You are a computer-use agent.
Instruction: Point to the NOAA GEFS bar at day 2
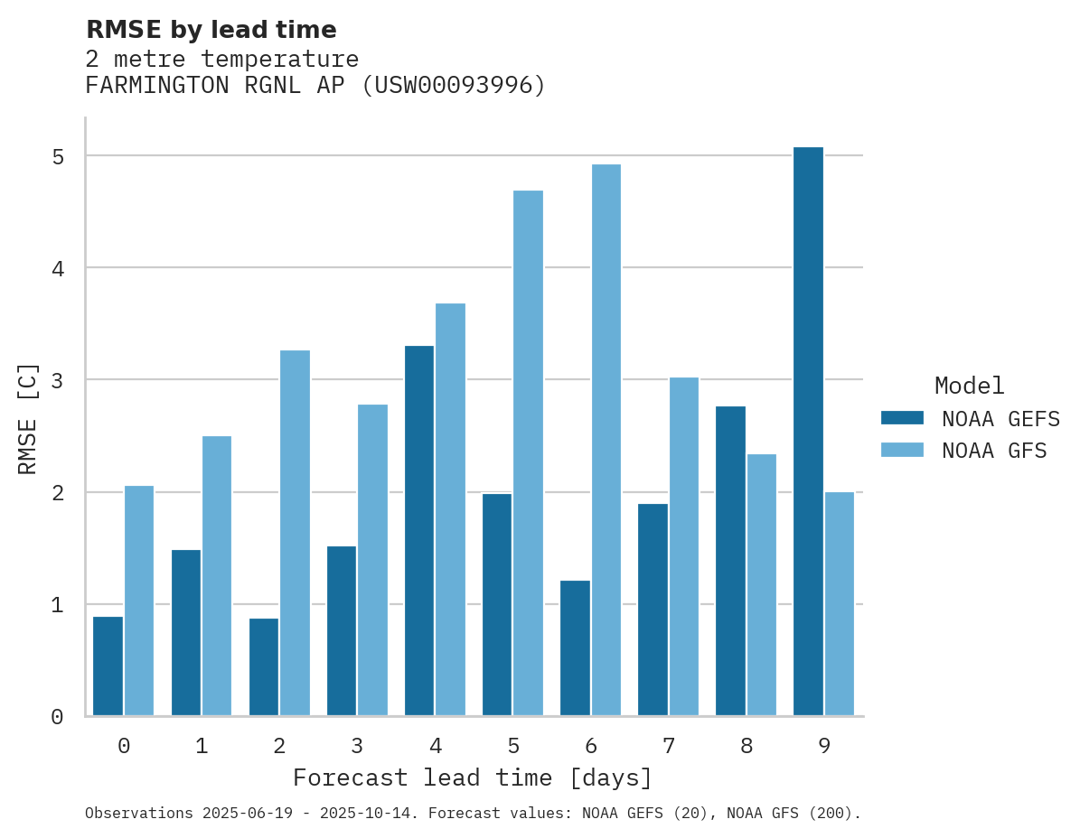(264, 667)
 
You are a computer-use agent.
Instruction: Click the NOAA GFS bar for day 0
(139, 601)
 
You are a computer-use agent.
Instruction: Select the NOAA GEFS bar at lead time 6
(575, 648)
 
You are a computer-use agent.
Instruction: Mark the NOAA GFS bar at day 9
(839, 604)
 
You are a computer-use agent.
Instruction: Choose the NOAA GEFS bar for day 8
(730, 561)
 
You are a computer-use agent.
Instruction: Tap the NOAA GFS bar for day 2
(295, 533)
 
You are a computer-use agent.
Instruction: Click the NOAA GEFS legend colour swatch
(902, 418)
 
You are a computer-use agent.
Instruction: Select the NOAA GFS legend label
(993, 451)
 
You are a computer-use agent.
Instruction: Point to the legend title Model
(969, 386)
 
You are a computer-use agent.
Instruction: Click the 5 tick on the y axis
(57, 156)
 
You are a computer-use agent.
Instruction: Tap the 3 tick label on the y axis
(57, 380)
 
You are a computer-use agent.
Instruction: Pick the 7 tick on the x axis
(668, 746)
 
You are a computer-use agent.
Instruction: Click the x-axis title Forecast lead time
(472, 777)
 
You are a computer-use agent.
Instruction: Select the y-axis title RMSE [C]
(28, 417)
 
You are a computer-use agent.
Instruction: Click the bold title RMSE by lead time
(211, 30)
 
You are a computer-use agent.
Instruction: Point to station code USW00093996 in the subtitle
(453, 86)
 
